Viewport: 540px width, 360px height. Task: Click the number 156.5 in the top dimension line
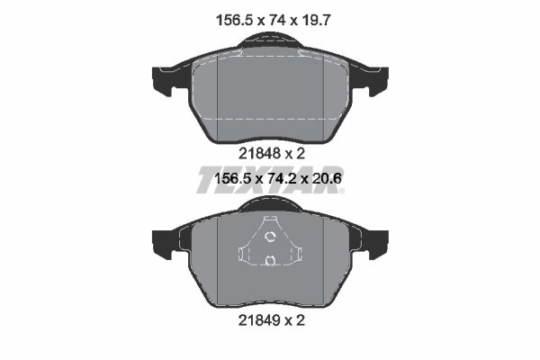coord(235,21)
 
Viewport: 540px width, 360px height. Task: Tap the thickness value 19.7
coord(316,21)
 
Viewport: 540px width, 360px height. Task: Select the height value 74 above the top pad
coord(277,21)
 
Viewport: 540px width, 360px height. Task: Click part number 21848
coord(260,154)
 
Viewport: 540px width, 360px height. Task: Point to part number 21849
coord(260,320)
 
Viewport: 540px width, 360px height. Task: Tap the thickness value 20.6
coord(326,179)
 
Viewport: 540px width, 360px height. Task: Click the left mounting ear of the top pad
coord(163,81)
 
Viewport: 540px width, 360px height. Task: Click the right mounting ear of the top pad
coord(378,81)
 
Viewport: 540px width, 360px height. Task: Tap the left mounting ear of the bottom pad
coord(163,244)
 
